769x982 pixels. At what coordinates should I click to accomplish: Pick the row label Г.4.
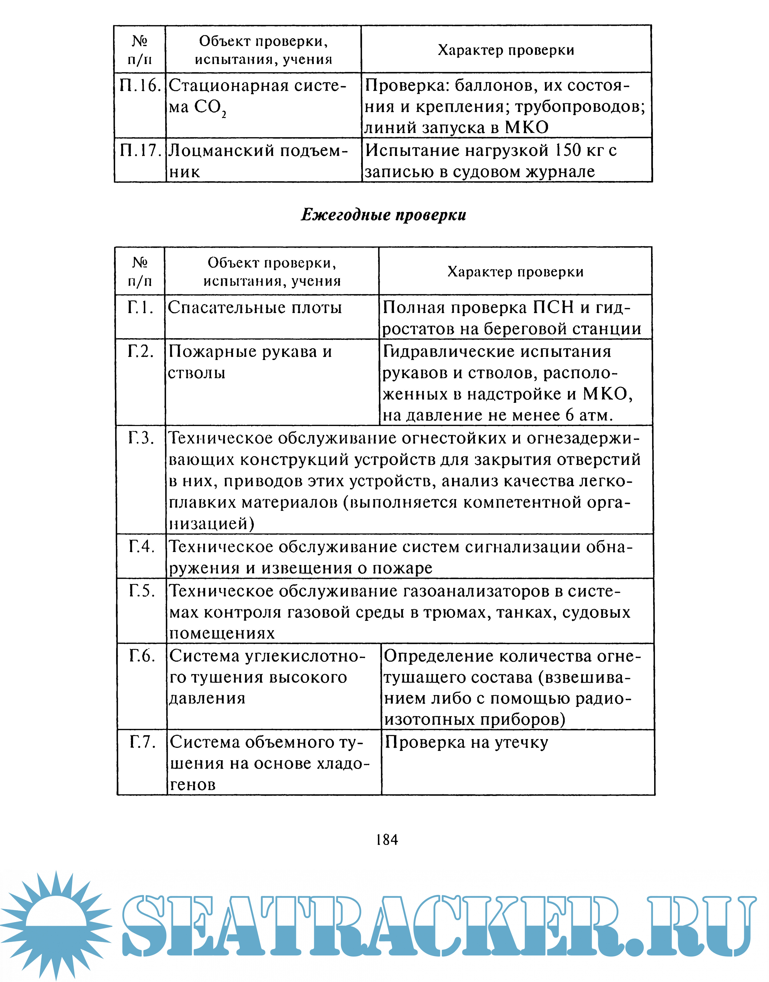click(141, 546)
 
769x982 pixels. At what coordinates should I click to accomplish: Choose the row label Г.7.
click(142, 742)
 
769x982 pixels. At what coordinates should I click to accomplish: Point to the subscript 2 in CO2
click(224, 115)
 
